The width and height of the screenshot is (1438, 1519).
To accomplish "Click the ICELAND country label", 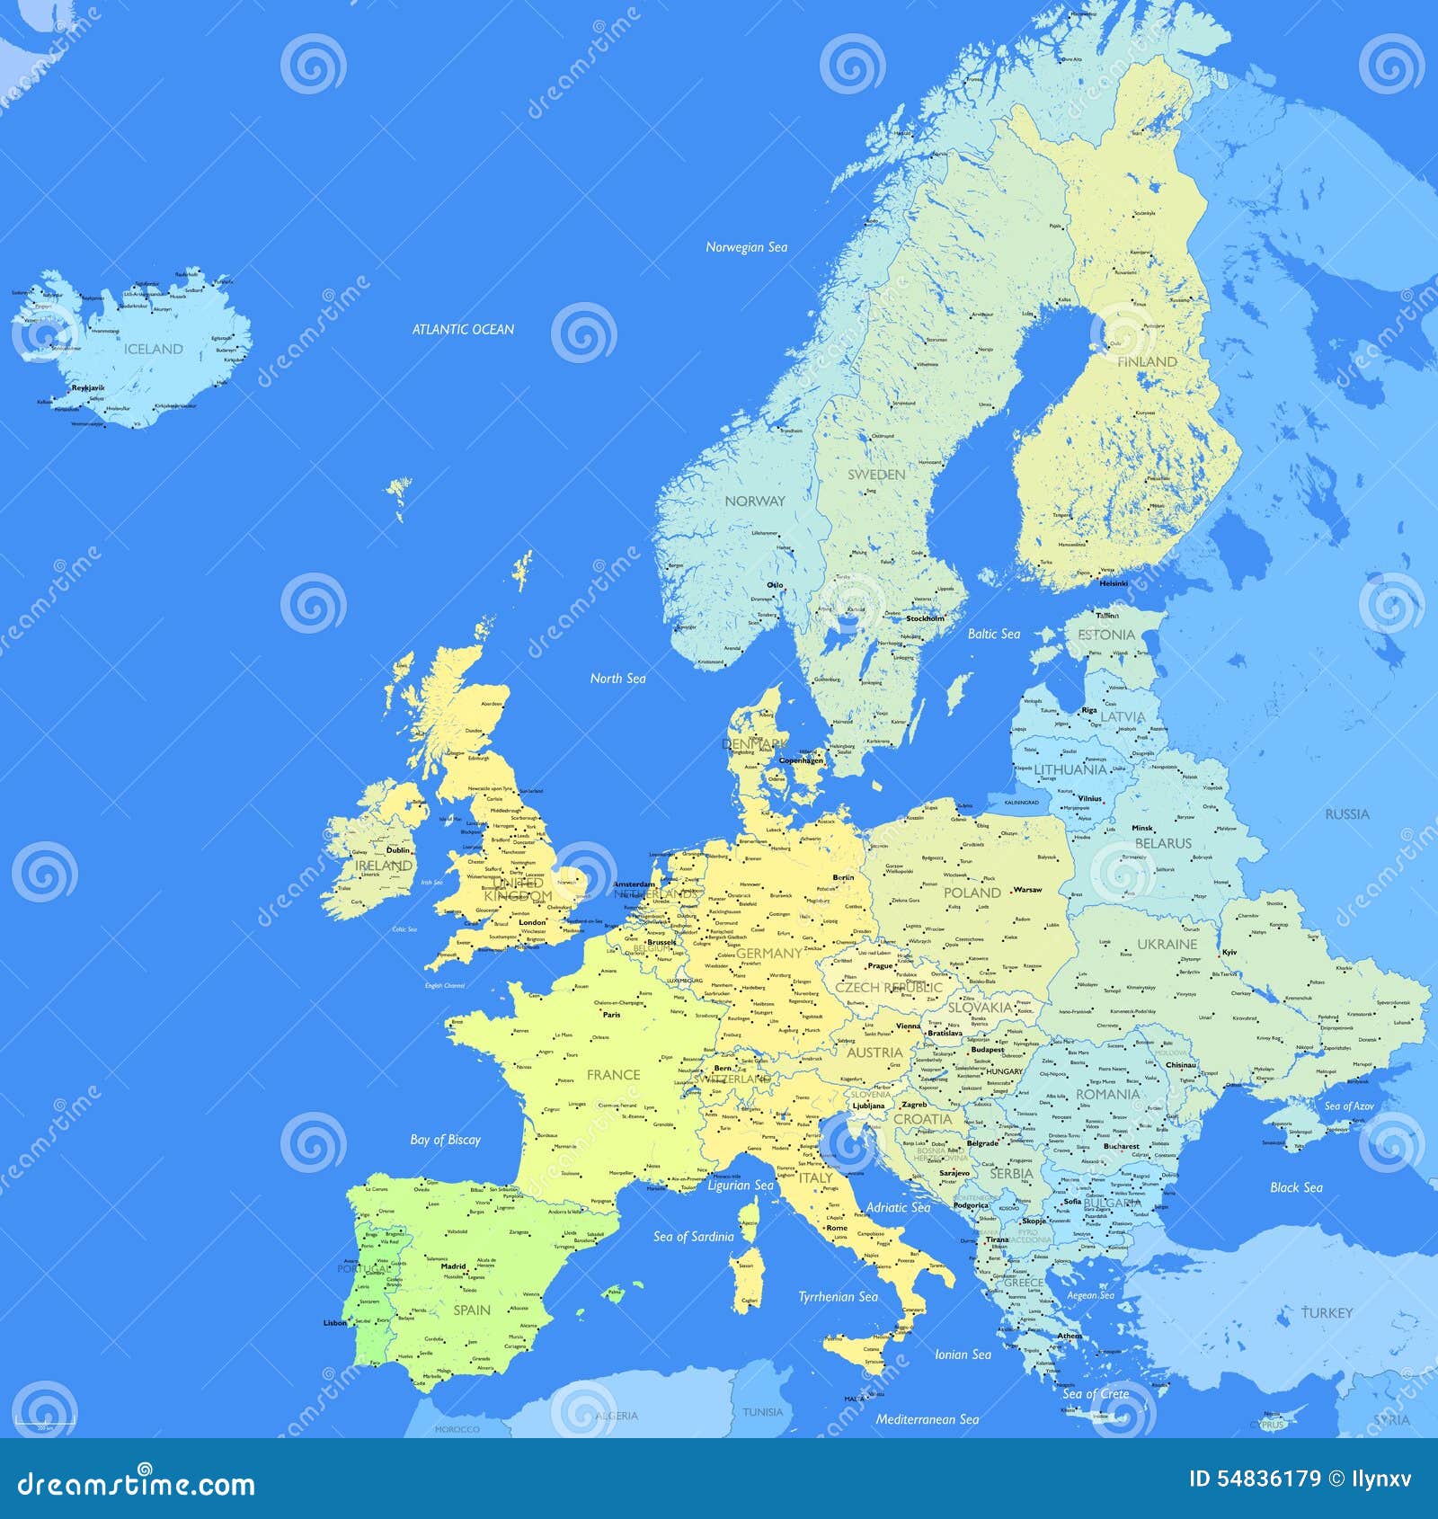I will (153, 349).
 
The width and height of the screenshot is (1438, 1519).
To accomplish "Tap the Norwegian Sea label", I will (746, 247).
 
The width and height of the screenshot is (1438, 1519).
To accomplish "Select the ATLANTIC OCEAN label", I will (463, 330).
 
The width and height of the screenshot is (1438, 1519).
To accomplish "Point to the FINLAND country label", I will (1147, 361).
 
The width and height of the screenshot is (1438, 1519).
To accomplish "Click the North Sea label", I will (617, 679).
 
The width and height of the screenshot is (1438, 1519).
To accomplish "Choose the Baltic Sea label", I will (993, 634).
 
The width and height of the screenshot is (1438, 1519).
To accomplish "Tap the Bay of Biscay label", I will (445, 1140).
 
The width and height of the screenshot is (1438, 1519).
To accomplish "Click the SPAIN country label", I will (472, 1310).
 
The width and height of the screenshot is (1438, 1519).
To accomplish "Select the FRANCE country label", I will (613, 1075).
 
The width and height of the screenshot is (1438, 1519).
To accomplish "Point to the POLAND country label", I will (972, 893).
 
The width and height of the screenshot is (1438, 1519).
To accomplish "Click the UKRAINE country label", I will (1167, 945).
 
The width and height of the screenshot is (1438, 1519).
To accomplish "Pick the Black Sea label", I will (1296, 1187).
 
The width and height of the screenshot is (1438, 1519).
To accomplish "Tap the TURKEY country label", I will (1327, 1313).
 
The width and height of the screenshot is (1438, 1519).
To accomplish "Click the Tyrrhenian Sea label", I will (838, 1296).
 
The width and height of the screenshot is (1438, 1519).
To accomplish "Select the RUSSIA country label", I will (1347, 814).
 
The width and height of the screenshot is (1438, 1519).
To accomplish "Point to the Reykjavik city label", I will (88, 388).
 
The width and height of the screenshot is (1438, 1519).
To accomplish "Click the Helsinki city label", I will (1114, 583).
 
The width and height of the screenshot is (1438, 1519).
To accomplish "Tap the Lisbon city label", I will (334, 1323).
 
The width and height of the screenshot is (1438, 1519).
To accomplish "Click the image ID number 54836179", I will (1255, 1479).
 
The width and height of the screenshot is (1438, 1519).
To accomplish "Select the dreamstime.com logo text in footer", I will (137, 1483).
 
